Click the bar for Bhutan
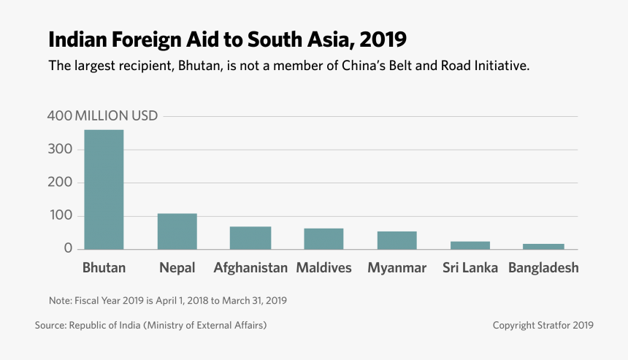coord(104,190)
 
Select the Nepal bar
coord(177,231)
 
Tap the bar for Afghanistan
coord(250,238)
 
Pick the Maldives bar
coord(323,239)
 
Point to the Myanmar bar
coord(397,240)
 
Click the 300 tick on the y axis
coord(60,149)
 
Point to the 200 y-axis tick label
coord(60,183)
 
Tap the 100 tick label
coord(60,216)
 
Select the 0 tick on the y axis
coord(68,249)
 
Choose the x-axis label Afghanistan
coord(250,268)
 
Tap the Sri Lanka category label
coord(470,268)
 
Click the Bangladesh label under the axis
coord(543,268)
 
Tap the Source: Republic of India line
coord(150,325)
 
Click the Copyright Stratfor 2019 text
coord(543,325)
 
